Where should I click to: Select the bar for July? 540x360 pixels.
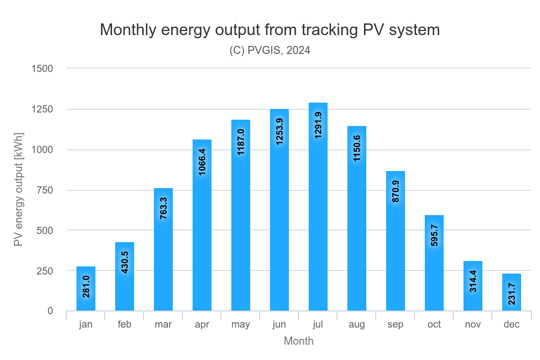pyautogui.click(x=318, y=207)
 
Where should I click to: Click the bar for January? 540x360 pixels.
pyautogui.click(x=86, y=288)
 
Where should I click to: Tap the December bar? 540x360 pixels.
pyautogui.click(x=512, y=292)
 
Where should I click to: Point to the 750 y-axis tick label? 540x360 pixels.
pyautogui.click(x=45, y=190)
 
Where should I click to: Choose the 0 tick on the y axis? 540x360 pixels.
pyautogui.click(x=50, y=311)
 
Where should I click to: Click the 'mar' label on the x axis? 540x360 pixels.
pyautogui.click(x=163, y=324)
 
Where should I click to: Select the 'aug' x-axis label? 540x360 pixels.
pyautogui.click(x=357, y=324)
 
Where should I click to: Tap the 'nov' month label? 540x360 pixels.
pyautogui.click(x=473, y=324)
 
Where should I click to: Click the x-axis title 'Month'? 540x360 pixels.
pyautogui.click(x=298, y=341)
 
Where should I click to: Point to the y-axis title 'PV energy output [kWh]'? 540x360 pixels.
pyautogui.click(x=18, y=189)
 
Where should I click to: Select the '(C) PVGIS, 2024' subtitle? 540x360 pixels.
pyautogui.click(x=270, y=50)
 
